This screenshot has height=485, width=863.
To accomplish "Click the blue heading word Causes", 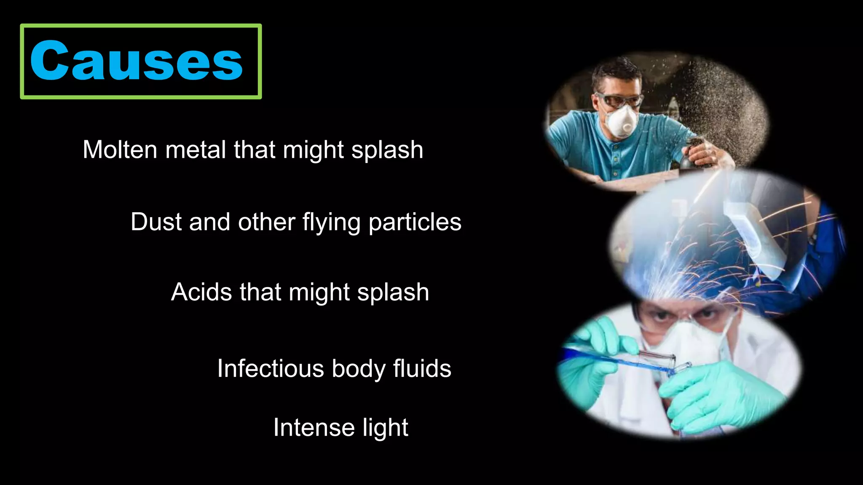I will (x=136, y=61).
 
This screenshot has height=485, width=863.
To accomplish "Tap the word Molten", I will (x=120, y=150).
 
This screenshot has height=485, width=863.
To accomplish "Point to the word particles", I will (x=415, y=223).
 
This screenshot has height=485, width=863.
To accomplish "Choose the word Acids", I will (x=201, y=292).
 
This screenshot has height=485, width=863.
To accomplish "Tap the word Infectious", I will (x=271, y=369).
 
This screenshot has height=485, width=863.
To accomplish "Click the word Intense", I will (x=314, y=428).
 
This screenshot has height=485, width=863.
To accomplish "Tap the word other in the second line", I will (x=266, y=222).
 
